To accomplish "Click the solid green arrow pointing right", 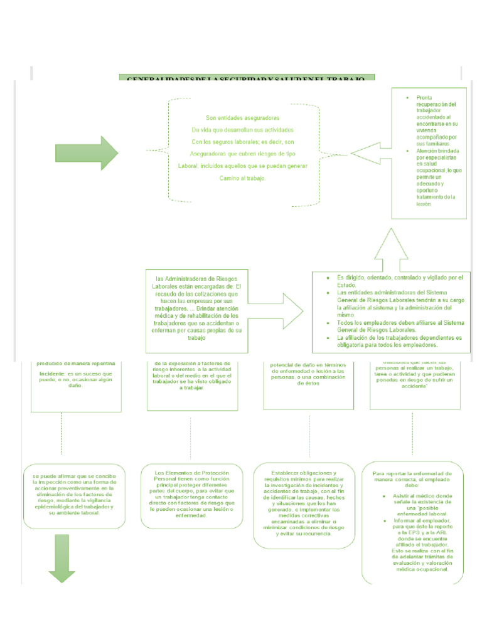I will point(86,153).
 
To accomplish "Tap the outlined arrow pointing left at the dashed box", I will point(370,153).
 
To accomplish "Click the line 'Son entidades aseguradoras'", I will point(243,117).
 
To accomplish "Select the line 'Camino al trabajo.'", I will point(243,178).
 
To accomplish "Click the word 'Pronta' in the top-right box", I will point(425,98).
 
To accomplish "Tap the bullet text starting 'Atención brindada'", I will point(435,151).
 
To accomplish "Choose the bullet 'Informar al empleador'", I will point(421,522).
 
